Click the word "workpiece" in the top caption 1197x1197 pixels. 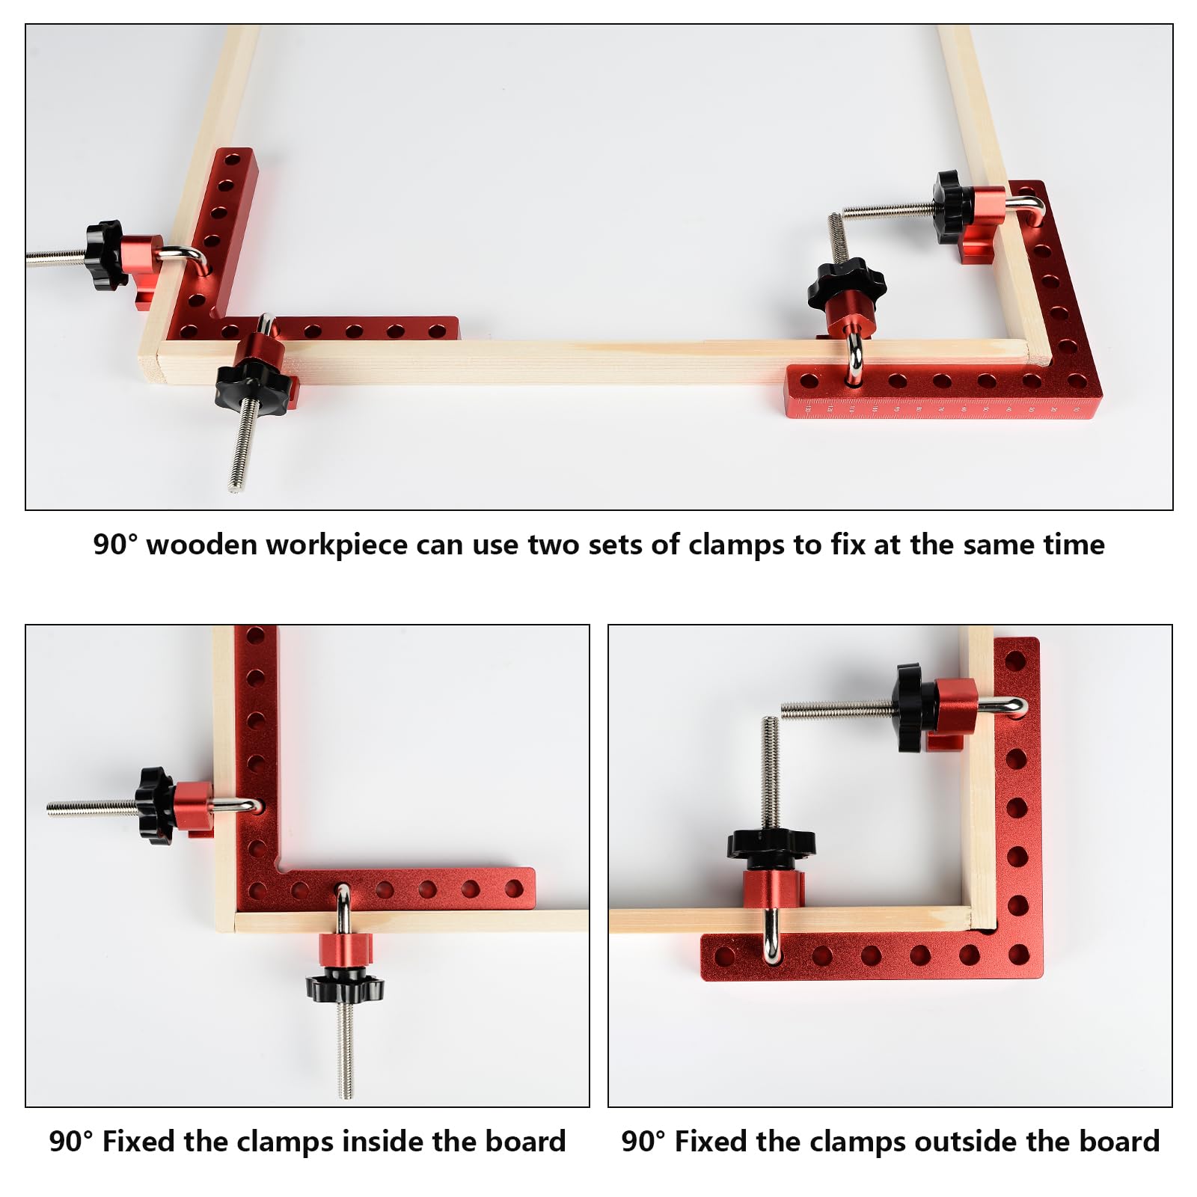pos(337,546)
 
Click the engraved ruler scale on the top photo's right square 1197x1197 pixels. pos(940,408)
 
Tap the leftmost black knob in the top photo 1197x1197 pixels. pos(105,254)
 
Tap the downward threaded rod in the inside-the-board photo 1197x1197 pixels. pos(345,1050)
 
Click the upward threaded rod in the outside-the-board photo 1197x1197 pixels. pos(771,773)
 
